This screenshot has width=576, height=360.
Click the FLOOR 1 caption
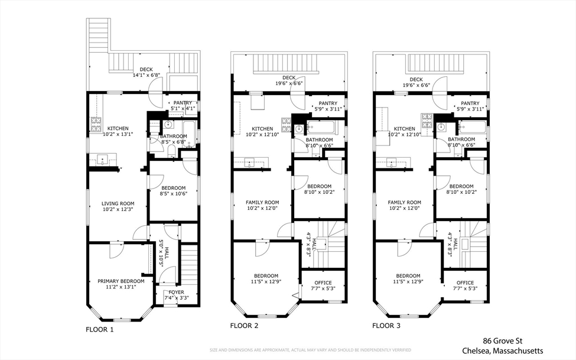click(x=100, y=329)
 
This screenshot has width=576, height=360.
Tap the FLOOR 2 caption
click(x=245, y=326)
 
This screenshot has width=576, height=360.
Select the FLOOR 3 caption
click(x=386, y=326)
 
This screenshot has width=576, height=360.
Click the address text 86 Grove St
click(x=503, y=341)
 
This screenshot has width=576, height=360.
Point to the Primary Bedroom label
click(x=121, y=281)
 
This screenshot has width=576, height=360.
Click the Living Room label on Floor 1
click(x=118, y=204)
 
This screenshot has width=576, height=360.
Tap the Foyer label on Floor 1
click(x=176, y=293)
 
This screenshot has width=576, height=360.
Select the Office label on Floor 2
click(x=323, y=283)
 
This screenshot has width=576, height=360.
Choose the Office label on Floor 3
click(x=465, y=283)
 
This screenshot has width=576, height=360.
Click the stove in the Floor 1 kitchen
click(x=96, y=125)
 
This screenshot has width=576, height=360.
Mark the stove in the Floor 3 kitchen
click(x=427, y=121)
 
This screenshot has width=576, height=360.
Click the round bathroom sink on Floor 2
click(x=299, y=129)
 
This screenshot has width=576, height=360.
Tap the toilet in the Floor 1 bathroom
click(x=171, y=151)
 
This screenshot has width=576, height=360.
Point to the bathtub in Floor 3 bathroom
click(x=473, y=128)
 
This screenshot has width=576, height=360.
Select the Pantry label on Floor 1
click(x=183, y=103)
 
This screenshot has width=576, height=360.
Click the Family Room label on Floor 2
click(x=262, y=202)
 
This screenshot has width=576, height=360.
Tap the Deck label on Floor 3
click(x=416, y=79)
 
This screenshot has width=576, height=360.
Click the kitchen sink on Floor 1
click(x=102, y=160)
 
